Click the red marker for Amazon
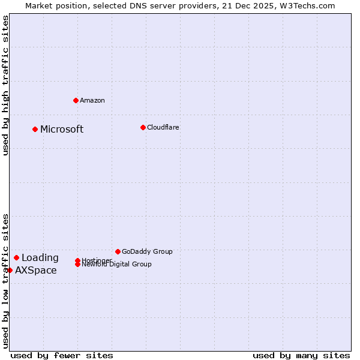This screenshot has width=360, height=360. [x=76, y=100]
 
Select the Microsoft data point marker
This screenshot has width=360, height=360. [x=35, y=129]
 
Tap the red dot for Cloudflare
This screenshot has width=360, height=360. [x=143, y=127]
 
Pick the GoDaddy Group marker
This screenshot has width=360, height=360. [x=118, y=251]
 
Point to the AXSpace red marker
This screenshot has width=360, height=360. [x=10, y=270]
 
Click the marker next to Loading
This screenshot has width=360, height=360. [x=17, y=257]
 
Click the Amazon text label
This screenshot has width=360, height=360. [x=92, y=100]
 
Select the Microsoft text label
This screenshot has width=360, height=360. [x=62, y=129]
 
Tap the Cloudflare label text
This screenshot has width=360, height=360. [x=163, y=127]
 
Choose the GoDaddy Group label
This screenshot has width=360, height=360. [x=147, y=251]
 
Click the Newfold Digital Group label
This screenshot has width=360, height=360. [x=117, y=265]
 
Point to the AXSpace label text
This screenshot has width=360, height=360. [x=36, y=270]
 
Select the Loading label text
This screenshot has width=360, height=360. [x=40, y=257]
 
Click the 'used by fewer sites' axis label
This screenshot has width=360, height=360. [x=62, y=355]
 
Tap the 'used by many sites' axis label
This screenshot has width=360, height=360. [x=301, y=355]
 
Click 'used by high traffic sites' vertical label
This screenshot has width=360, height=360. [x=5, y=85]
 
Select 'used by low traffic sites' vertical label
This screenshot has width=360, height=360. [x=5, y=281]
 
